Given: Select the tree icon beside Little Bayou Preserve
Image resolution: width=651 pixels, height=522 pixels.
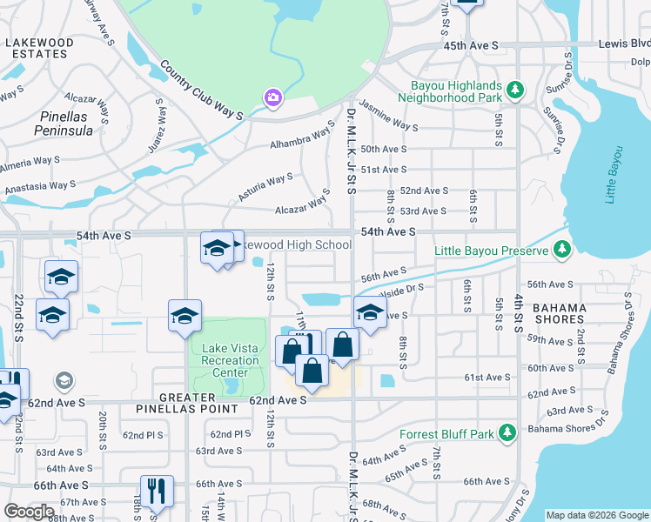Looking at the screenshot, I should click(x=562, y=251).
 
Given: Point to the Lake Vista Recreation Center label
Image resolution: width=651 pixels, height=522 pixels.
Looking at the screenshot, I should click(x=231, y=360).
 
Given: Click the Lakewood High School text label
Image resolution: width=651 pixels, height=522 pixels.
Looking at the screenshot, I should click(x=296, y=245).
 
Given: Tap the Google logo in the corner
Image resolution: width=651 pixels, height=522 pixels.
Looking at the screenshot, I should click(x=29, y=512).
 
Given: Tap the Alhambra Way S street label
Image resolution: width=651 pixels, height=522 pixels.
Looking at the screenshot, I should click(x=301, y=141).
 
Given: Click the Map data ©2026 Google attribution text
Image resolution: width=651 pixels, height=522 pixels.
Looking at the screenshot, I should click(x=597, y=515).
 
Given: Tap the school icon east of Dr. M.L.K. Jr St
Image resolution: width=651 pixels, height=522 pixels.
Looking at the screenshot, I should click(x=369, y=313).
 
